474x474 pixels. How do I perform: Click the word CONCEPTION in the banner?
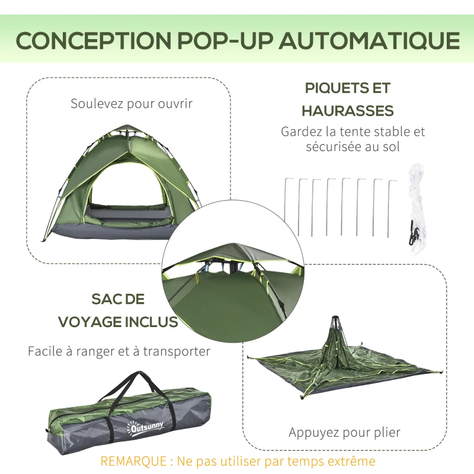tap(94, 40)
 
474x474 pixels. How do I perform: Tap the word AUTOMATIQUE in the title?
tap(369, 40)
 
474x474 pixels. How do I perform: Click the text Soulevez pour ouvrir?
tap(132, 104)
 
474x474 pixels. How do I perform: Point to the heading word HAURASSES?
tap(348, 111)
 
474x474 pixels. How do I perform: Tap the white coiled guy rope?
tap(417, 209)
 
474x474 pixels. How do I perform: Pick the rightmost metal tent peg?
tap(391, 209)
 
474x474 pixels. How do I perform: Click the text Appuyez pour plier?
tap(344, 433)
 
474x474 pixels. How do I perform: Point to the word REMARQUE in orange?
tap(133, 462)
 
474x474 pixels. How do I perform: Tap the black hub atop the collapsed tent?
tap(334, 321)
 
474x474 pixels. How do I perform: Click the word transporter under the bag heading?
tap(176, 351)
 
